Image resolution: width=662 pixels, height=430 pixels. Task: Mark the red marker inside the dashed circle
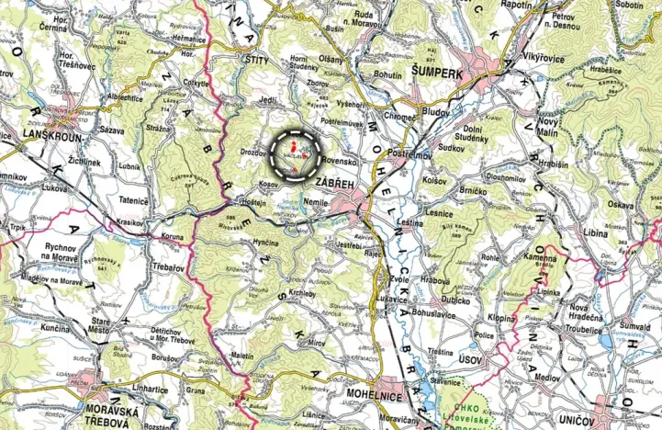[x=292, y=145]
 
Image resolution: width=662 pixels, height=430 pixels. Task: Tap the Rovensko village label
[x=339, y=159]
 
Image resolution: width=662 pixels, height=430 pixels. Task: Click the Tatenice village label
[x=132, y=198]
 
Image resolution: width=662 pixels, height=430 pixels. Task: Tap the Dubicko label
[x=455, y=297]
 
